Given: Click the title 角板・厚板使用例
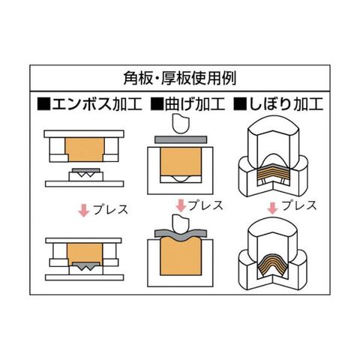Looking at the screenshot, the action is (x=180, y=78).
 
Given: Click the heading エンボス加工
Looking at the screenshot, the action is (x=97, y=104).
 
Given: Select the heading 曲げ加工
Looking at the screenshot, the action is (x=195, y=104).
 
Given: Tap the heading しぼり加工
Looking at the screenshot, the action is (x=286, y=104).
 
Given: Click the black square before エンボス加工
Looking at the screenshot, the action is (x=43, y=104).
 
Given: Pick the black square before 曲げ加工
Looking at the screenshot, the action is (x=157, y=104).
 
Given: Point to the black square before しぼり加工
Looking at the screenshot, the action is (x=240, y=104).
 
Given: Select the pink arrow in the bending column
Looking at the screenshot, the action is (x=181, y=205).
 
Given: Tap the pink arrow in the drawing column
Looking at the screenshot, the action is (x=272, y=208).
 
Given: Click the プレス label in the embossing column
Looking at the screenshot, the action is (x=110, y=210).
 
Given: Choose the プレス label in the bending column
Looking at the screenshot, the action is (x=205, y=205).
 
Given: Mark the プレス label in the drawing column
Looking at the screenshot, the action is (x=299, y=205).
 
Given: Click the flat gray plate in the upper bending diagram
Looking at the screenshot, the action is (x=181, y=139).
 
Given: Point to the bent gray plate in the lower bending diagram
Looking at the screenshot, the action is (x=181, y=235).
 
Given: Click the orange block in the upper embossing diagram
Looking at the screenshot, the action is (x=85, y=149).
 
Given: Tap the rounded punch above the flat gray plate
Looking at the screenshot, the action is (x=181, y=123).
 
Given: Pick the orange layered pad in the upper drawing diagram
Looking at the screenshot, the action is (x=274, y=173).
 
